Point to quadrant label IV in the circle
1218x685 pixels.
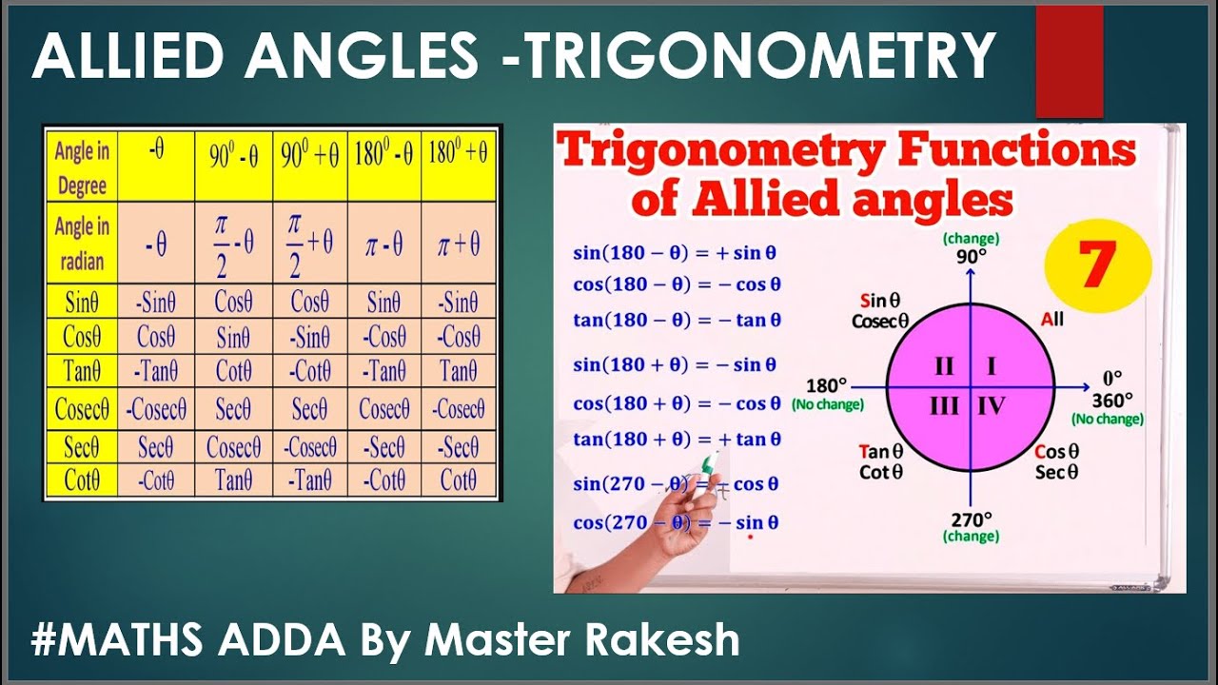(992, 407)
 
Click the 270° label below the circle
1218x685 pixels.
(971, 519)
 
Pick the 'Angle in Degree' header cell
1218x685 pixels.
(82, 167)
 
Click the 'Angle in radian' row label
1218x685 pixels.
(82, 244)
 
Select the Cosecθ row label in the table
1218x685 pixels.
(82, 410)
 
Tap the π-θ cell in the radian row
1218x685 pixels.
(383, 245)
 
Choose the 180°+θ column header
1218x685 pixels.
(459, 155)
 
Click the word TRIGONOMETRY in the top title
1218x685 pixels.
(761, 57)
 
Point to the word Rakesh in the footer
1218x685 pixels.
(666, 640)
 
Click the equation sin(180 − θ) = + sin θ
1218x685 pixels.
(675, 253)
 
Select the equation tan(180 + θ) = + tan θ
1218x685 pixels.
(677, 440)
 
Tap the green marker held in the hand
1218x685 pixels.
(709, 465)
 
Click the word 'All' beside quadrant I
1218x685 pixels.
(1052, 320)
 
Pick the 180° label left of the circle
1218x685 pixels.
(826, 386)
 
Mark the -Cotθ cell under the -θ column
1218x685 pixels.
(157, 481)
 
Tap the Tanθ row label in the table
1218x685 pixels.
(82, 370)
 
